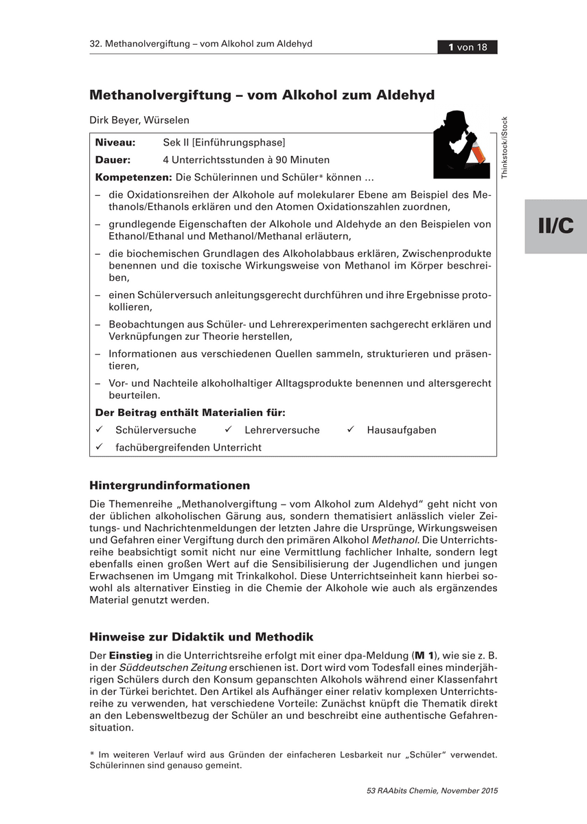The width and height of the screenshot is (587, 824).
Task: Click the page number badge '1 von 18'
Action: click(468, 47)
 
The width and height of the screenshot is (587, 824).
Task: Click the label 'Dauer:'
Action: click(113, 160)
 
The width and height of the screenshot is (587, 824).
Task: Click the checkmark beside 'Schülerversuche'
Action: click(99, 430)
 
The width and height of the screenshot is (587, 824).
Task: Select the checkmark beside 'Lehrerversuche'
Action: click(228, 430)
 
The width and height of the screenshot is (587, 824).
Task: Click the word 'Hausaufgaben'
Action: click(402, 431)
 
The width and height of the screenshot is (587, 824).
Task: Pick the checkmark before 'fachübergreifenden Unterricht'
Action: click(99, 447)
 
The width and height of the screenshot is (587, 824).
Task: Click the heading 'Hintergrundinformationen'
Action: click(170, 486)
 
